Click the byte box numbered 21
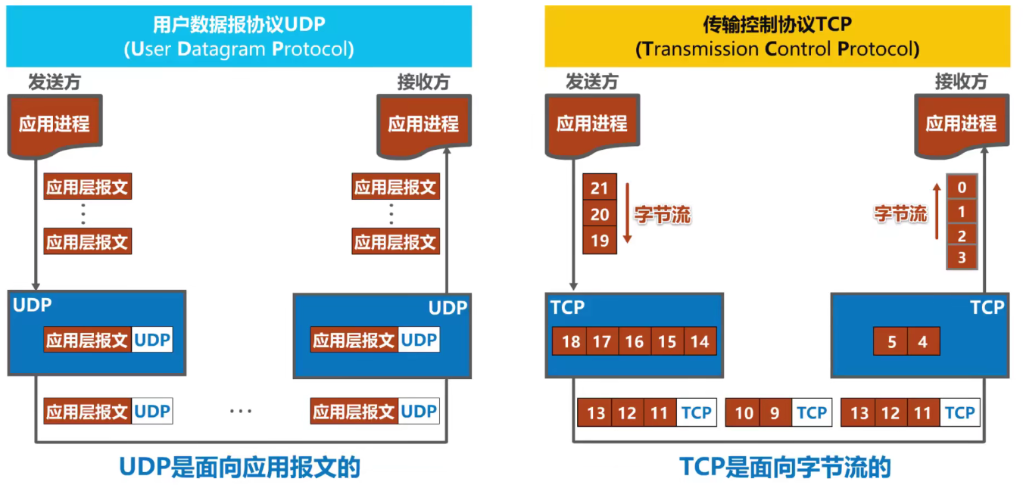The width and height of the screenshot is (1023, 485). (600, 188)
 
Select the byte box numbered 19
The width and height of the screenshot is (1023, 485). (600, 241)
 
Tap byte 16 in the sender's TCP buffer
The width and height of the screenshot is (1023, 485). (635, 341)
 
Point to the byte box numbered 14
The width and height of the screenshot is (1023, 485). (700, 341)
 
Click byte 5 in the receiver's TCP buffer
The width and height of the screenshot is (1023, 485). (891, 342)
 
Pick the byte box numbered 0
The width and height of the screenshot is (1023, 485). (962, 188)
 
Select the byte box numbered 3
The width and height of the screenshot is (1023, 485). (962, 258)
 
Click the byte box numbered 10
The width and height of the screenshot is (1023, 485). (744, 413)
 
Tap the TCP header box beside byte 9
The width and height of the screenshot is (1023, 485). (811, 413)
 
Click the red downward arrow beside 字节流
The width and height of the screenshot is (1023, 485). (626, 214)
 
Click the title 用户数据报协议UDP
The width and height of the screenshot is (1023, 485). (239, 25)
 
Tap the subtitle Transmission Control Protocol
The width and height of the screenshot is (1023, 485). (778, 50)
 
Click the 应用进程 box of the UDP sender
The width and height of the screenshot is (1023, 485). (55, 123)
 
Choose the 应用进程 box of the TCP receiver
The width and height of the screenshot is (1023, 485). (961, 123)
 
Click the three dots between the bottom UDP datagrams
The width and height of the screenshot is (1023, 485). (240, 412)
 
